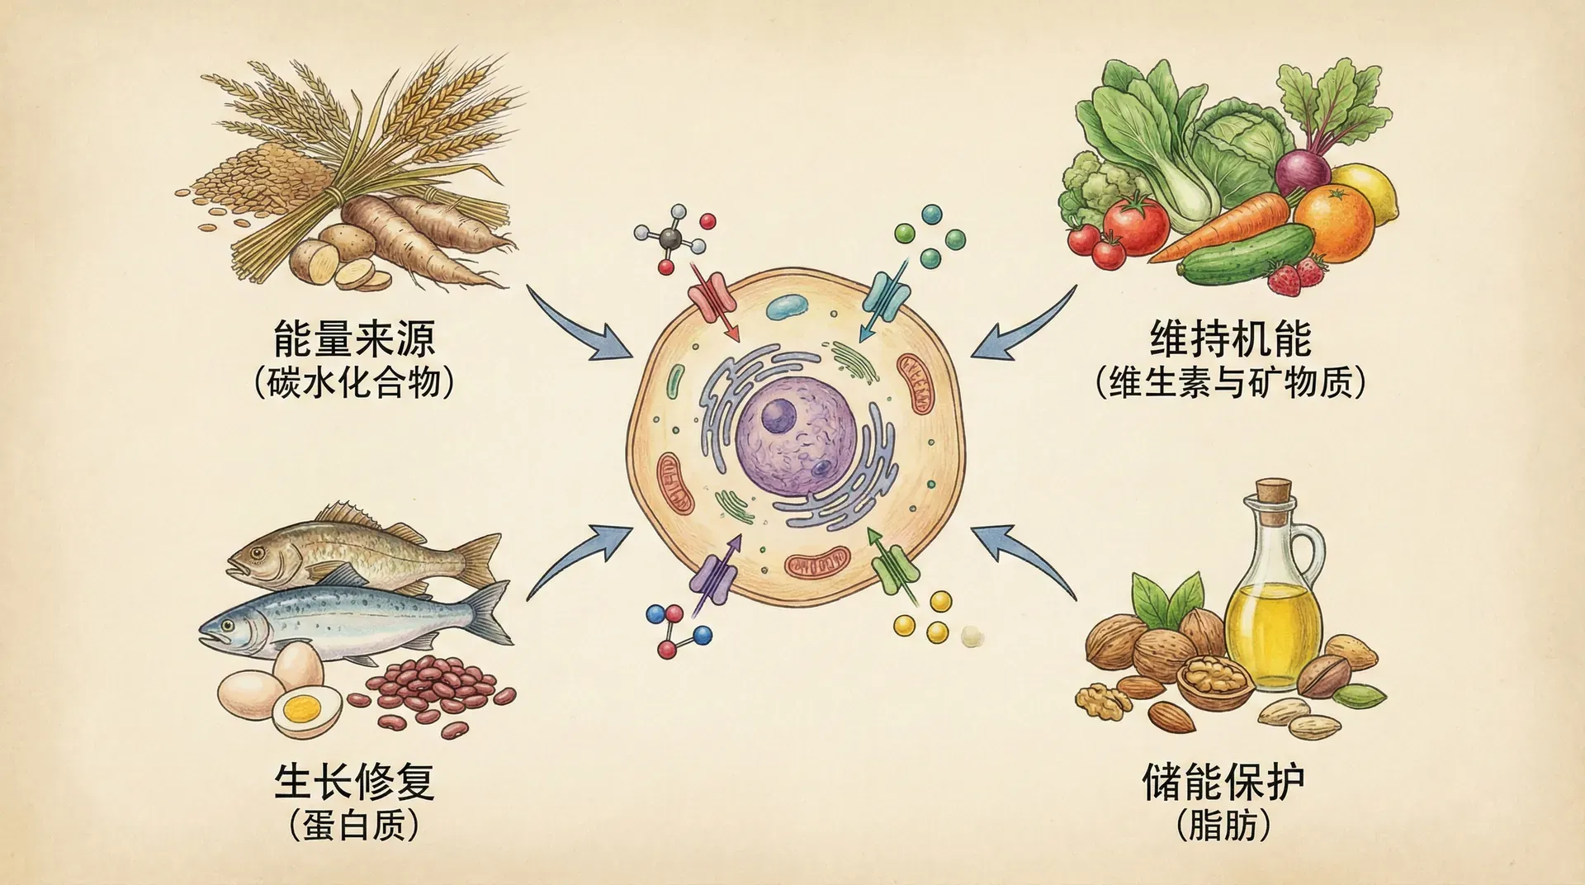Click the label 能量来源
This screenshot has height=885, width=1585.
(354, 338)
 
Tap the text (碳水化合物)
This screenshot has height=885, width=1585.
(355, 383)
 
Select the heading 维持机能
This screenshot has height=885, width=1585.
(1230, 338)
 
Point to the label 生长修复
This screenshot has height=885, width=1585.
(354, 781)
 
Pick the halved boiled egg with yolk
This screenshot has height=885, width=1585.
(306, 711)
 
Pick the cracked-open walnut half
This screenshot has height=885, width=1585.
(1214, 682)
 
